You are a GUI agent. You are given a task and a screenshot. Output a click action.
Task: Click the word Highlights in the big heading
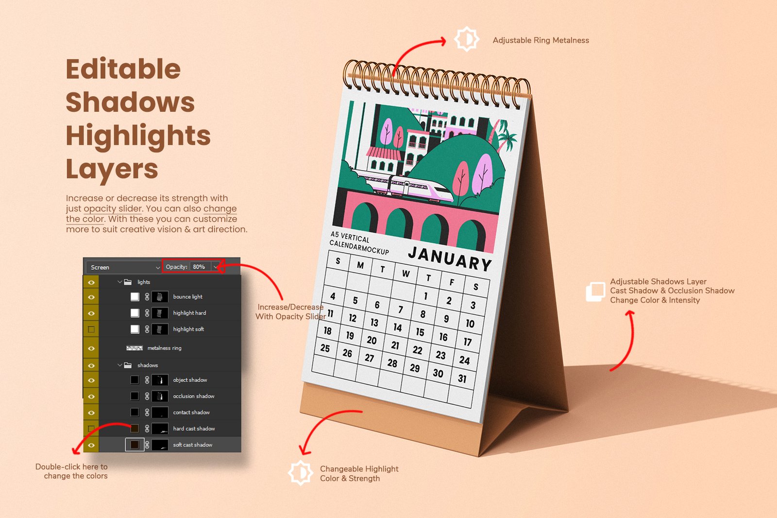(x=138, y=136)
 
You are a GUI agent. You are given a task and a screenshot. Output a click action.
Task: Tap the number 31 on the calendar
(x=462, y=379)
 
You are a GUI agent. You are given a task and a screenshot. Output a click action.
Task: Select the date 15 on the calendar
(x=420, y=332)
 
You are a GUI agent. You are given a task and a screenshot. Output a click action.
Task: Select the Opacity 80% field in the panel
(x=199, y=267)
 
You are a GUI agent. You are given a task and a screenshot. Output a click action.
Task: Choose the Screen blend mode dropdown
(x=124, y=267)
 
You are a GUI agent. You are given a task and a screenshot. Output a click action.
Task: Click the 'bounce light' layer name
(x=187, y=297)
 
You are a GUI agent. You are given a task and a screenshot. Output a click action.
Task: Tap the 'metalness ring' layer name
(x=164, y=348)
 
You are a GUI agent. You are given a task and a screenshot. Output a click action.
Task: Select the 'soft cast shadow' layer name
(x=192, y=445)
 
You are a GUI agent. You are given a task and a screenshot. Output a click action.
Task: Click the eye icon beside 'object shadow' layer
(x=91, y=380)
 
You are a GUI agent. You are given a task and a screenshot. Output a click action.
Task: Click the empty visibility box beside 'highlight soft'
(x=91, y=329)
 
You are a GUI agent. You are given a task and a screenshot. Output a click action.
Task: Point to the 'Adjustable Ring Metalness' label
(x=541, y=40)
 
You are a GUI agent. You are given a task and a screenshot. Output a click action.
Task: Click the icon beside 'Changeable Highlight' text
(x=301, y=473)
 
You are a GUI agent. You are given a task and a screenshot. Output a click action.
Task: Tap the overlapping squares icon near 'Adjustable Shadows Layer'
(x=595, y=291)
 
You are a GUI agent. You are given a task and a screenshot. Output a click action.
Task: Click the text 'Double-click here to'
(x=71, y=466)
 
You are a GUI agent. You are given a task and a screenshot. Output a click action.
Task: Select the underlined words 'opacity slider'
(x=113, y=208)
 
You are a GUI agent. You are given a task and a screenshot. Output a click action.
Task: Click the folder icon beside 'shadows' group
(x=128, y=365)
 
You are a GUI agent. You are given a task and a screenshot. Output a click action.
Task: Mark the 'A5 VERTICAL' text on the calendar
(x=350, y=237)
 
